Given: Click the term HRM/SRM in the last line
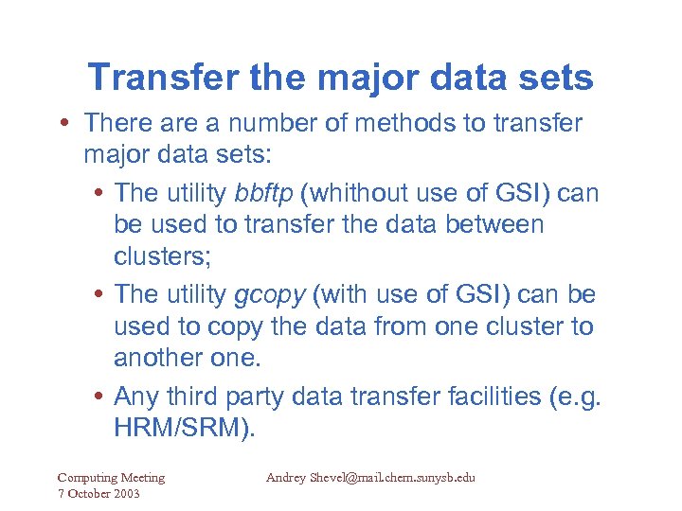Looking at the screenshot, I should (185, 428).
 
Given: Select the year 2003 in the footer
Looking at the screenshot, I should (124, 495).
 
